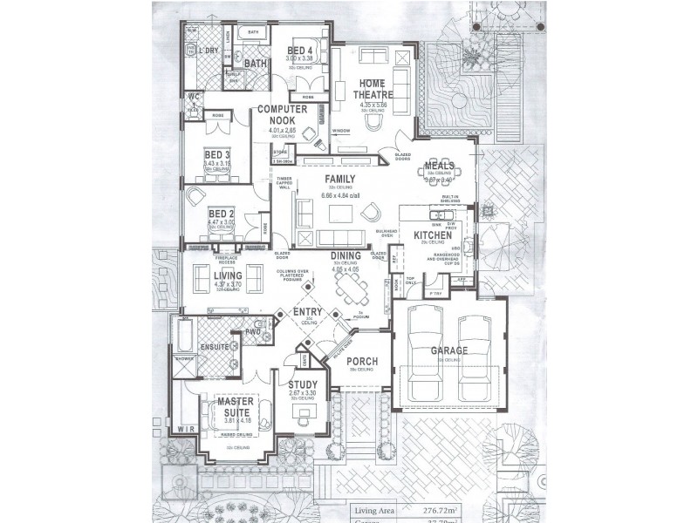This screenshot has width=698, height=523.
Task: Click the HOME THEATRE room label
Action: (373, 88)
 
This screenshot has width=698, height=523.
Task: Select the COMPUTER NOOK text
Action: (279, 116)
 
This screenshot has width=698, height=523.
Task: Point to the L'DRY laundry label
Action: (209, 51)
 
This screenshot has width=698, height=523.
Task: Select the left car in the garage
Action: (428, 349)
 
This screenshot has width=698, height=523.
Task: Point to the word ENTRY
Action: (307, 312)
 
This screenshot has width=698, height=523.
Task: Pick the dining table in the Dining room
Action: (351, 283)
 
